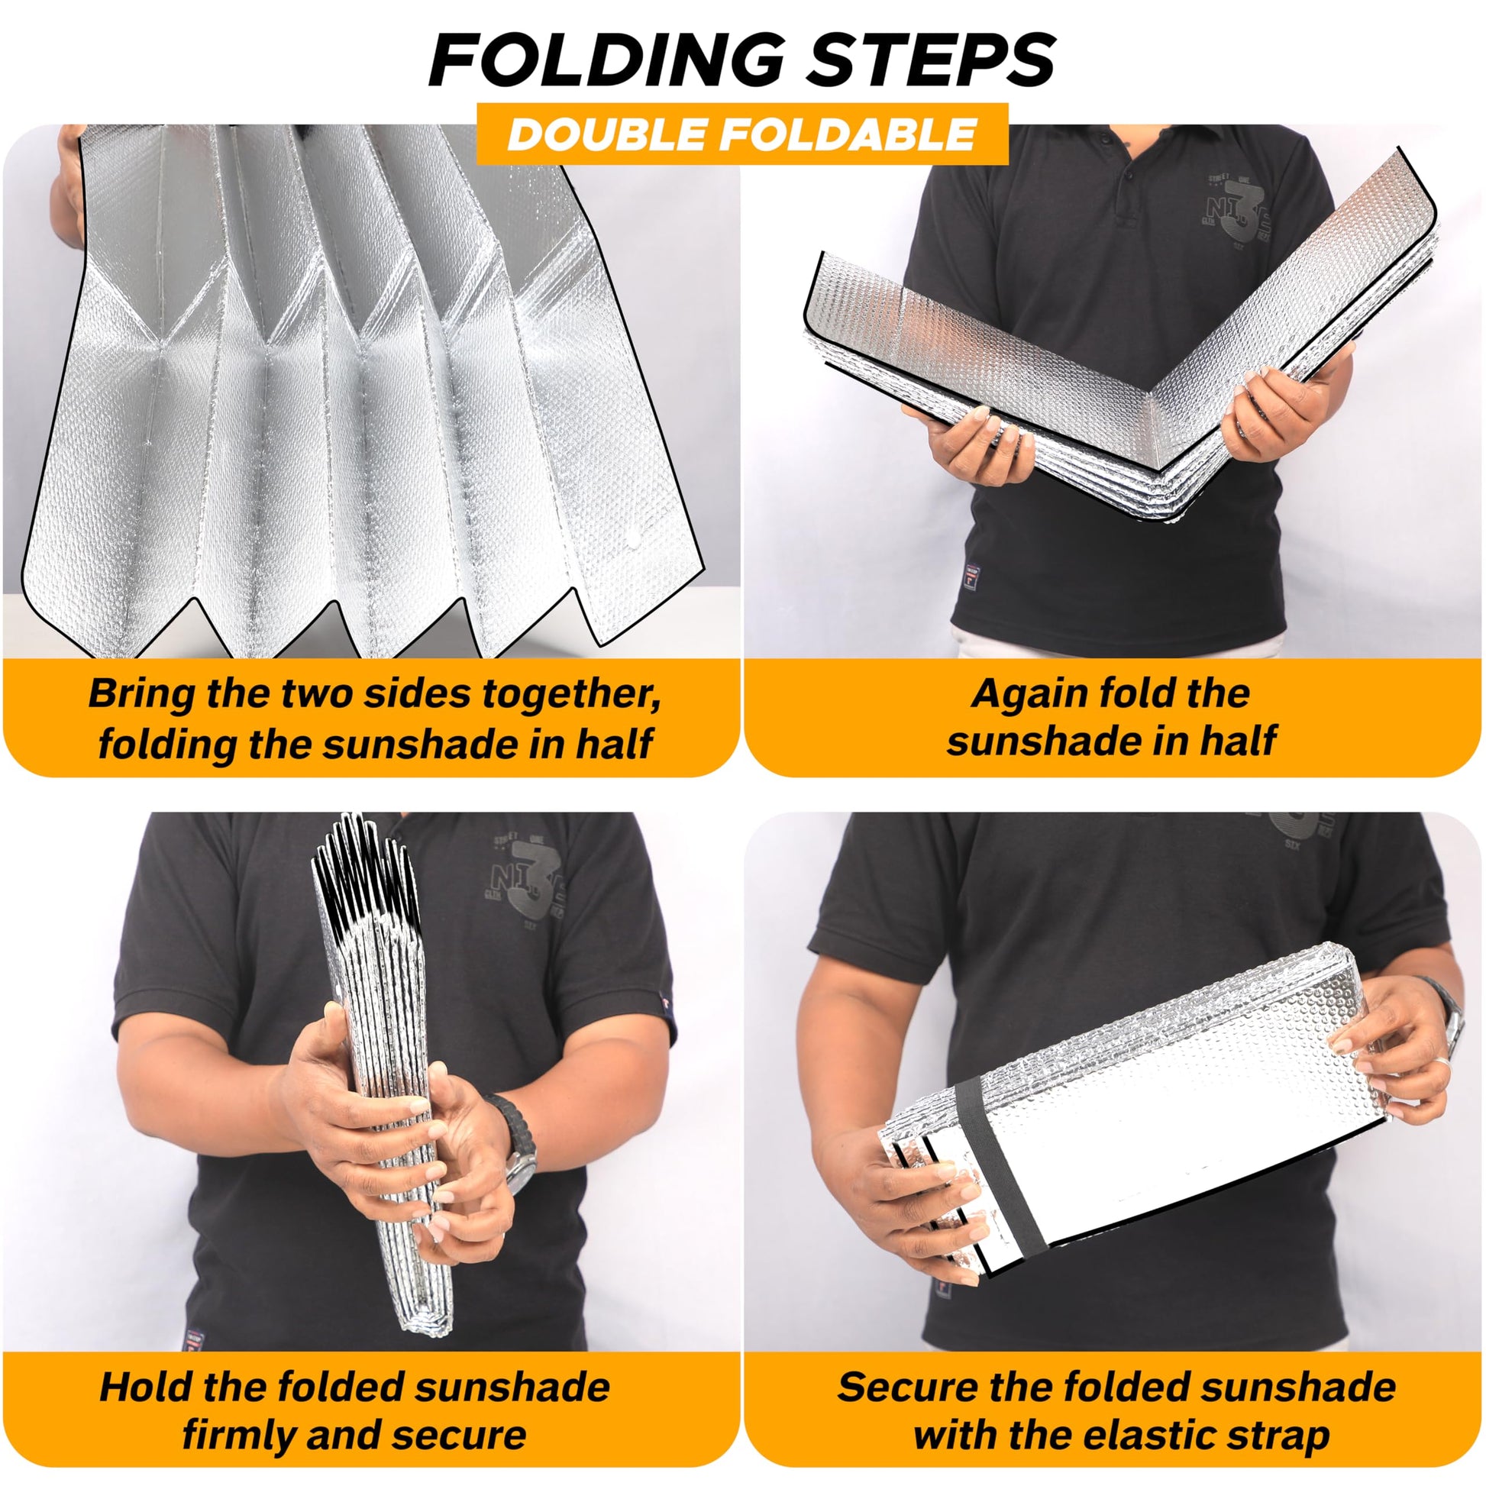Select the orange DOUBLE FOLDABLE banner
click(x=742, y=134)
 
